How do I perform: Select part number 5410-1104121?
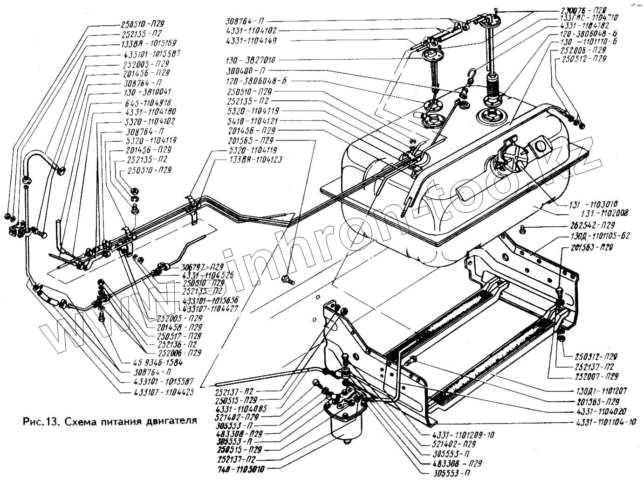pos(253,120)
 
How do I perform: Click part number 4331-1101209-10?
pos(463,435)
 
